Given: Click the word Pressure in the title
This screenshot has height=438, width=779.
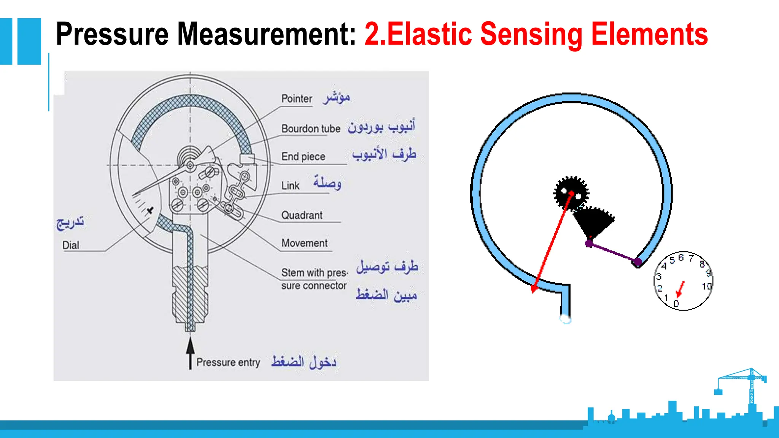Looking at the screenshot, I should tap(113, 34).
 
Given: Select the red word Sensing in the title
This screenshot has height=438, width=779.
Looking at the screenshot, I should tap(531, 34).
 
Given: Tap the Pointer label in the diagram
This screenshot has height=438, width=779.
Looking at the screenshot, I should tap(296, 99).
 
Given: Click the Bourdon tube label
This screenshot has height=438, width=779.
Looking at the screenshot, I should tap(311, 129).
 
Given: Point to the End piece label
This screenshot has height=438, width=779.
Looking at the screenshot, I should tap(303, 157).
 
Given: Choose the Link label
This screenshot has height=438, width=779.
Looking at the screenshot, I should tap(290, 186).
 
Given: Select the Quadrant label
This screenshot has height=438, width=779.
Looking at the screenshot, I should tap(302, 215).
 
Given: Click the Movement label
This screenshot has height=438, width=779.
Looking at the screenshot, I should tap(304, 243).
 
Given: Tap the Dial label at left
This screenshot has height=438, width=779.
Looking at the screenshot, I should tap(71, 245).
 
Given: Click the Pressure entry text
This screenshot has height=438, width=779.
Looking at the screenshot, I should tap(228, 362).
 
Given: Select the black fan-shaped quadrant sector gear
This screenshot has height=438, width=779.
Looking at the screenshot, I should tap(593, 222).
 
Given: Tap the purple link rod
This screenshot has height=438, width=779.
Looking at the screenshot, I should tap(612, 252).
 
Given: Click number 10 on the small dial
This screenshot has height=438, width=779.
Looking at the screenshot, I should tap(706, 286).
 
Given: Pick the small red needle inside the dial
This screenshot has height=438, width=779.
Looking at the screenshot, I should tap(680, 289).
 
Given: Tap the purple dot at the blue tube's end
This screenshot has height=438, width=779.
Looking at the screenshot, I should tap(638, 262).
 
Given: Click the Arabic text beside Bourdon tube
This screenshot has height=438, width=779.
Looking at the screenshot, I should tap(381, 127).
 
